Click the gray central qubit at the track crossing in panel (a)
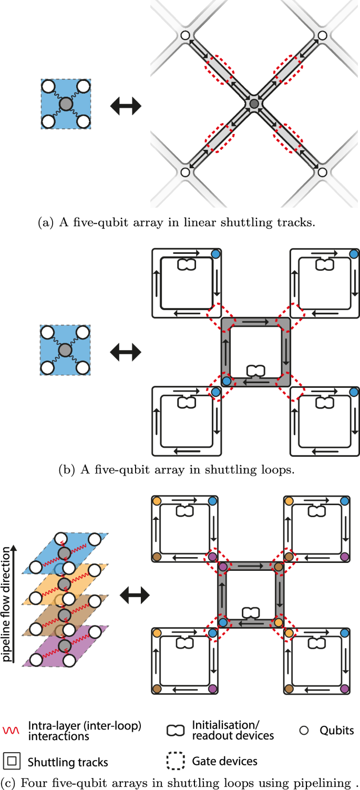tap(254, 104)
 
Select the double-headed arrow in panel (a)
tap(126, 106)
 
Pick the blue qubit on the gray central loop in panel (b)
tap(227, 380)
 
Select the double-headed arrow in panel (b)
tap(126, 352)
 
